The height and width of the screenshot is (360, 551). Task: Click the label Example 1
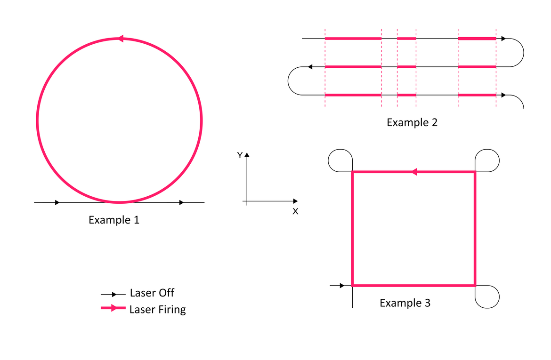[114, 220]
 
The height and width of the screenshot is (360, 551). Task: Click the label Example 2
[412, 122]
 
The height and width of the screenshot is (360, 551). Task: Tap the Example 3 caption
[405, 303]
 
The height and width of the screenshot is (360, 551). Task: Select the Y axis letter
[240, 155]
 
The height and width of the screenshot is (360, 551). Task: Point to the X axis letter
[295, 211]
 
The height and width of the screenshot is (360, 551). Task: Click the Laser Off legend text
[152, 293]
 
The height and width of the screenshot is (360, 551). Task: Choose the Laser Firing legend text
[157, 310]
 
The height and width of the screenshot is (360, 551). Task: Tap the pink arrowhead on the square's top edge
[414, 172]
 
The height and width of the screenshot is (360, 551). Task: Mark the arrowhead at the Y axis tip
[247, 154]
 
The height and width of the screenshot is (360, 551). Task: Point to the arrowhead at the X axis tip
[296, 201]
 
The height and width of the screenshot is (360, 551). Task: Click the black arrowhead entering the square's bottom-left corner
[342, 286]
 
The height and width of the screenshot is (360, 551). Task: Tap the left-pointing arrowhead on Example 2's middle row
[310, 67]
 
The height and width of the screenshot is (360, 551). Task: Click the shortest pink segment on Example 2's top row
[406, 38]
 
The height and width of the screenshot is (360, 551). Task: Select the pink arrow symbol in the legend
[113, 308]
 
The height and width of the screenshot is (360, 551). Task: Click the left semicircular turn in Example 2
[288, 81]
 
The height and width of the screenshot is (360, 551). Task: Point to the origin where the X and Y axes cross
[247, 201]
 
